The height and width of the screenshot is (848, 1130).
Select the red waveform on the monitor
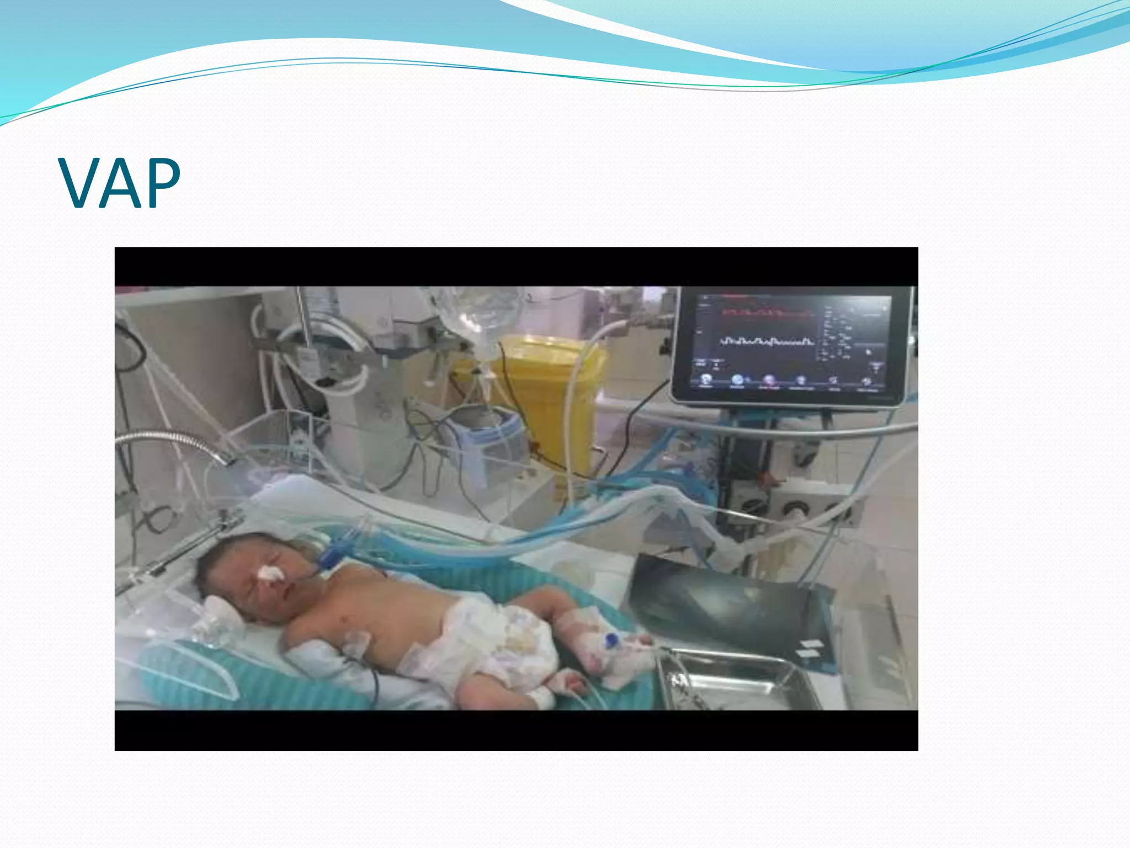click(767, 314)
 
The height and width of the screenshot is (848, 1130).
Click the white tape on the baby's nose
click(271, 574)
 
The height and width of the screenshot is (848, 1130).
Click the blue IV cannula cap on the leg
click(611, 641)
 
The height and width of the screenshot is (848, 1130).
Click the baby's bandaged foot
click(568, 685)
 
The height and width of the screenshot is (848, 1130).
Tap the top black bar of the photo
click(516, 266)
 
